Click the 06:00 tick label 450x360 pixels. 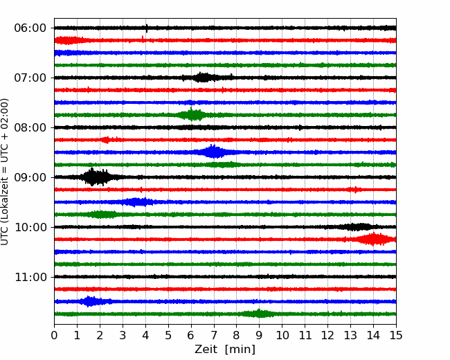(x=30, y=28)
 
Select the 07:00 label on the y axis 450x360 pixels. (x=30, y=78)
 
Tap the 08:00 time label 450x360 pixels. (x=30, y=127)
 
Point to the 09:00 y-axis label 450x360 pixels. (x=30, y=177)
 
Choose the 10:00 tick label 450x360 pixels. (x=30, y=227)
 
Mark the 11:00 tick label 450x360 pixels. (x=30, y=277)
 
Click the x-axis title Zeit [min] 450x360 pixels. (x=225, y=350)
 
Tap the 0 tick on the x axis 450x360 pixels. (x=55, y=336)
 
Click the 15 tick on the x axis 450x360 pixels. (x=396, y=336)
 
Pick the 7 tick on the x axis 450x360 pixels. (x=214, y=336)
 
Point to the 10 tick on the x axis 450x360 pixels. (x=282, y=336)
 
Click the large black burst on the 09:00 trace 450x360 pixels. (x=95, y=177)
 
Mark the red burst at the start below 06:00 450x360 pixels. (x=69, y=40)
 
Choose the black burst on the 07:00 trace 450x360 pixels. (x=203, y=78)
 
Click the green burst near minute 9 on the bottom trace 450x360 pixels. (x=260, y=314)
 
